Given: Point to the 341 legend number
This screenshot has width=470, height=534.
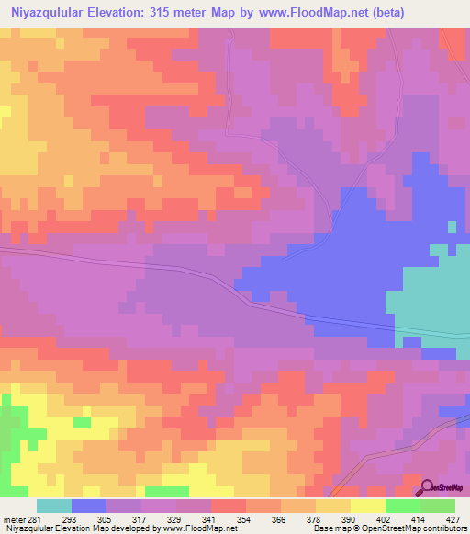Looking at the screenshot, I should (x=210, y=518).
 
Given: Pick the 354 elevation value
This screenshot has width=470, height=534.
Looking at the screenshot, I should (x=245, y=518).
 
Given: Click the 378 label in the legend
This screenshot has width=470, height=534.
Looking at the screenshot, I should (x=315, y=518).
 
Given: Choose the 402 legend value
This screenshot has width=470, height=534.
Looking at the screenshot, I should (x=385, y=518).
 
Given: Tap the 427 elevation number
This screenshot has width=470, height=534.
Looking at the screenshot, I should (x=454, y=518).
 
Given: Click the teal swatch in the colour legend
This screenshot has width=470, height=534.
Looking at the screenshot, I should (x=54, y=506).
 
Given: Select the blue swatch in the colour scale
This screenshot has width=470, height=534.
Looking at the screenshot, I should (x=89, y=506).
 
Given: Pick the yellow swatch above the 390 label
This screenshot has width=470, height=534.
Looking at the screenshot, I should (x=332, y=506).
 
